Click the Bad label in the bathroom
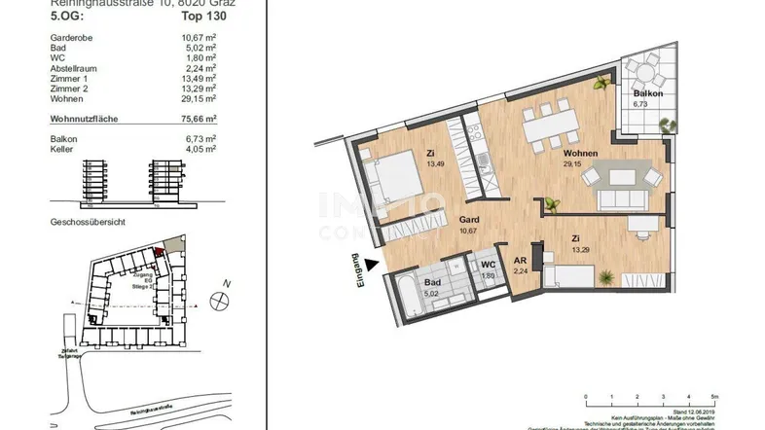click(x=433, y=283)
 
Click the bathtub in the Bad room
click(x=402, y=288)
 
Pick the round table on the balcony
click(x=643, y=71)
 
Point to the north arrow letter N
click(x=225, y=283)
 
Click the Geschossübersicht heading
click(x=90, y=222)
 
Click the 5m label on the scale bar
click(x=713, y=397)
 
